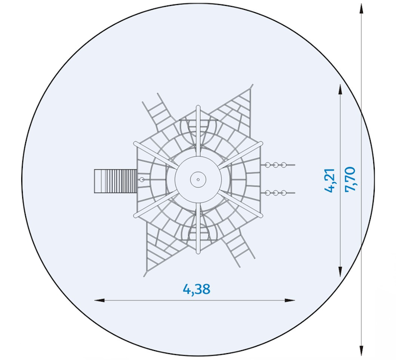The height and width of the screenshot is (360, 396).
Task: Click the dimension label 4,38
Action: coord(197,289)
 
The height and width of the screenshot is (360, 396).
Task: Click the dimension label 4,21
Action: coord(330,180)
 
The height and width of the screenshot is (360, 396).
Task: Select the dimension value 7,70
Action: coord(350,179)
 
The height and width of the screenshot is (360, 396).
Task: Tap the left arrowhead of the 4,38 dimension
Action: coord(99,300)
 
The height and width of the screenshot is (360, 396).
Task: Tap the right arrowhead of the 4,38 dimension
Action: coord(290,300)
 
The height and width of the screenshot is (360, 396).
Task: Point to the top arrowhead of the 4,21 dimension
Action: coord(340,90)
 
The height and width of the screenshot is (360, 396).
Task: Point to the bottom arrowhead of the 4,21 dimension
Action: coord(340,271)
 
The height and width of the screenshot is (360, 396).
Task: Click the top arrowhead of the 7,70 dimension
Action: coord(361,9)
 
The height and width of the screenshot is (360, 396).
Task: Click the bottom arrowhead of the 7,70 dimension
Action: coord(361,351)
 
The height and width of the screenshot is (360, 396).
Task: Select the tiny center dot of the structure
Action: coord(198,180)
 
